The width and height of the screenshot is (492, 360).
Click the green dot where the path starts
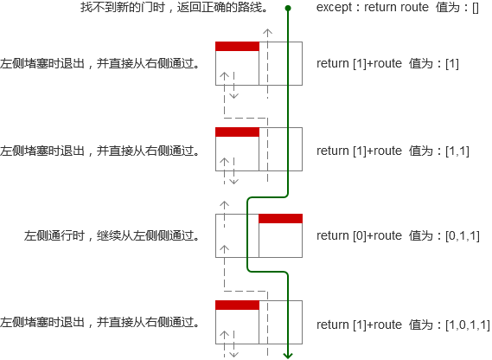click(288, 8)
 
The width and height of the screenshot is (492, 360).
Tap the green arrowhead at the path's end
click(288, 356)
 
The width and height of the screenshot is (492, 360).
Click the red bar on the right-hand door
click(280, 219)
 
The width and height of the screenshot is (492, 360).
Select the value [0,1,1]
click(463, 235)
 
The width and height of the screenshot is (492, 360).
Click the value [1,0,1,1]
click(468, 325)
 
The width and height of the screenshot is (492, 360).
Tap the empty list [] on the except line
click(475, 7)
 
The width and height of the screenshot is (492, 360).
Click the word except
click(334, 7)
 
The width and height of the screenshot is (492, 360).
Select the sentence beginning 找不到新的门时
click(174, 7)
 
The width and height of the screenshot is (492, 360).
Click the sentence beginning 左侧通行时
click(112, 235)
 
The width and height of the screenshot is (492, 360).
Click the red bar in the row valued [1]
click(237, 47)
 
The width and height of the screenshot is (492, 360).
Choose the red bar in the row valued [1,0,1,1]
click(237, 305)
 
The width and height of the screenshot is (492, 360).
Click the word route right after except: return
click(416, 7)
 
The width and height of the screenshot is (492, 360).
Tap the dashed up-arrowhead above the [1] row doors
click(267, 31)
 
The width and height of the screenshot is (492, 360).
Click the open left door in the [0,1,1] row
click(237, 235)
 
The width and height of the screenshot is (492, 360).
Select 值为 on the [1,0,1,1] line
click(420, 325)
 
